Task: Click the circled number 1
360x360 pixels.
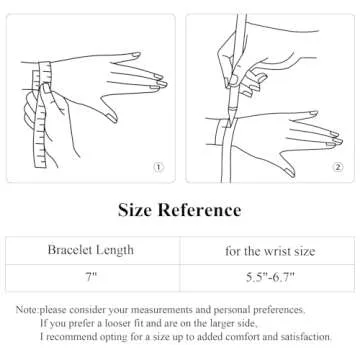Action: [158, 167]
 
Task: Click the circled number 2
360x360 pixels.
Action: [338, 167]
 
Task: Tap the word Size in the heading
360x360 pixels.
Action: [135, 210]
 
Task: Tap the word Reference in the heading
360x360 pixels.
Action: [199, 210]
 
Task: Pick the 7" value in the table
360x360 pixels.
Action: [91, 277]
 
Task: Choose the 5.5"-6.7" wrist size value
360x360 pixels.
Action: [270, 277]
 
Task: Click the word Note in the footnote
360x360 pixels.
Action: [26, 310]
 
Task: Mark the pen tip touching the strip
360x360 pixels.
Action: [229, 125]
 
